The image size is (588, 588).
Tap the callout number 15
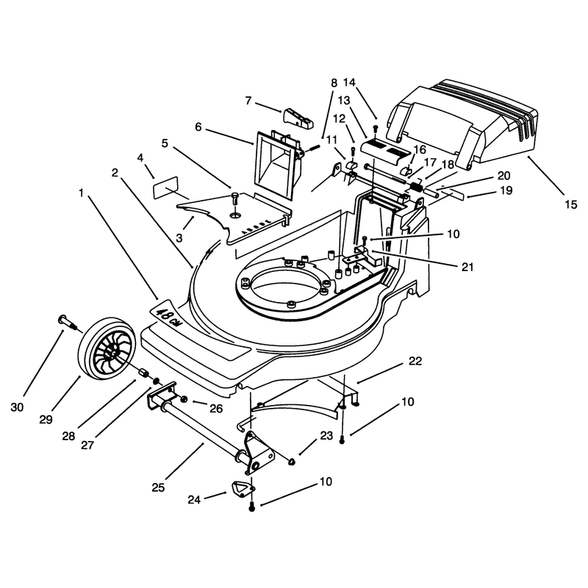[x=571, y=204]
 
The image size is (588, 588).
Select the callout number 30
[x=17, y=407]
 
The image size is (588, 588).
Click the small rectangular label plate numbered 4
[x=165, y=187]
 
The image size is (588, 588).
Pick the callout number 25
[x=158, y=487]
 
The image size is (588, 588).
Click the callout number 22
[x=415, y=361]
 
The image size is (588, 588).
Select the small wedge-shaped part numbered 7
[x=298, y=118]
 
